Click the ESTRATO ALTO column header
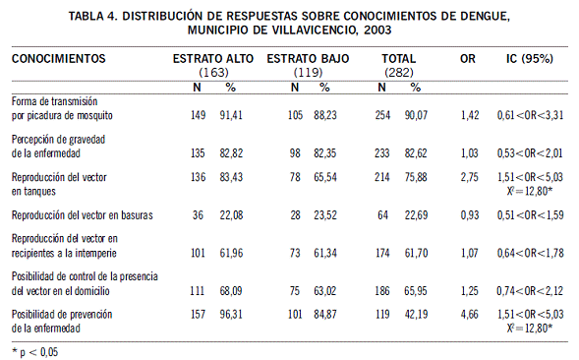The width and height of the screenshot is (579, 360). [213, 59]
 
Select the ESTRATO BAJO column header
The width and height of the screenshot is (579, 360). [308, 59]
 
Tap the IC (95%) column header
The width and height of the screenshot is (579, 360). [530, 59]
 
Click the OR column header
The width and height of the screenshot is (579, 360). [468, 59]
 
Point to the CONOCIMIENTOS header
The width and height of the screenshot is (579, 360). [58, 59]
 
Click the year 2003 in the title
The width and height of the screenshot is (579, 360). [377, 30]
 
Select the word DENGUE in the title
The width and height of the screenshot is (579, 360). [486, 17]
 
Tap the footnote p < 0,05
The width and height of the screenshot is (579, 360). [34, 352]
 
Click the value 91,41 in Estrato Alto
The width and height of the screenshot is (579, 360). [231, 115]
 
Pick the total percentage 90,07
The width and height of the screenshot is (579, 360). [416, 115]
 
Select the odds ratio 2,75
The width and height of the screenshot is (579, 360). [469, 177]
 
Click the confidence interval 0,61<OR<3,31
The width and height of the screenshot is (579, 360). [530, 115]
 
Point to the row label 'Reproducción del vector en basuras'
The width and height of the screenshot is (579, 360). [82, 215]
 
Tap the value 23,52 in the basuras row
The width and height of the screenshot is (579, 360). [325, 215]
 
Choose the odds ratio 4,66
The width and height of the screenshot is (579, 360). [469, 315]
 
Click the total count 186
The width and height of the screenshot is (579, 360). [382, 291]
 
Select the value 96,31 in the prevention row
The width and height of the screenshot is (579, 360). [231, 315]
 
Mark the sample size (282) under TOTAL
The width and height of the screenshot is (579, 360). [399, 72]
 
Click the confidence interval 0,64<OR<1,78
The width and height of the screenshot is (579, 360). [530, 253]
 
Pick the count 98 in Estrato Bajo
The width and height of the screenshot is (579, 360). [295, 153]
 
